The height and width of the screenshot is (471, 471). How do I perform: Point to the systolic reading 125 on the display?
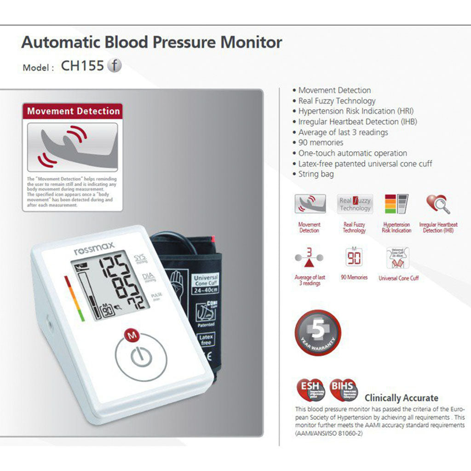pyautogui.click(x=115, y=267)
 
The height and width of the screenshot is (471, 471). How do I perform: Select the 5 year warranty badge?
pyautogui.click(x=317, y=333)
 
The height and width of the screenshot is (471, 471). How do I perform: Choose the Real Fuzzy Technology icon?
pyautogui.click(x=355, y=204)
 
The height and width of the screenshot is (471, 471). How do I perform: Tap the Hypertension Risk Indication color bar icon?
pyautogui.click(x=396, y=204)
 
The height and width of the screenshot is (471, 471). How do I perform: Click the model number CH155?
pyautogui.click(x=82, y=66)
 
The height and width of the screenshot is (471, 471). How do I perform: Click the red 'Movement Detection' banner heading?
pyautogui.click(x=73, y=111)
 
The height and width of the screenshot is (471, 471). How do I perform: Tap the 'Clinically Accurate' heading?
pyautogui.click(x=401, y=398)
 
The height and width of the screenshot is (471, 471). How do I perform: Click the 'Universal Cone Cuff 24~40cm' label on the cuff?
pyautogui.click(x=206, y=284)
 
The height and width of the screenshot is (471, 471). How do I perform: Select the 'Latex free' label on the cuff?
pyautogui.click(x=206, y=340)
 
